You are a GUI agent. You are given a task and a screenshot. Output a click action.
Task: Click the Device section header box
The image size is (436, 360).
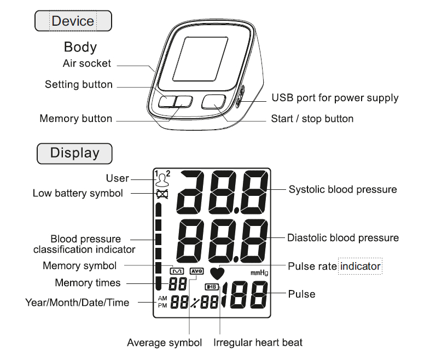click(73, 21)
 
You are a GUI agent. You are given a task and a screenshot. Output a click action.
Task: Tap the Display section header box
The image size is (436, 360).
click(74, 153)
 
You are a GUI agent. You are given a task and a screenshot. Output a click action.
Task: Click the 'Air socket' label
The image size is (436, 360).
click(86, 63)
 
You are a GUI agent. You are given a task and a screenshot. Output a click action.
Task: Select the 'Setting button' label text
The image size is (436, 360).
click(78, 85)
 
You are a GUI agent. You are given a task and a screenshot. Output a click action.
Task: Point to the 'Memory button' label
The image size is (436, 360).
click(75, 119)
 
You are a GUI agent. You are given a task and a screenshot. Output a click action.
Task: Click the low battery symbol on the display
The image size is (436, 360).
click(161, 194)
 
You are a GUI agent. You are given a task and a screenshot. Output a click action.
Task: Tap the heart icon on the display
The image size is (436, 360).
click(218, 273)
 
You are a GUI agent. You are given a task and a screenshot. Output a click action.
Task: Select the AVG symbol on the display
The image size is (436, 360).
click(196, 271)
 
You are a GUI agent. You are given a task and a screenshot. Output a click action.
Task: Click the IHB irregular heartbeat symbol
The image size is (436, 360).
click(211, 287)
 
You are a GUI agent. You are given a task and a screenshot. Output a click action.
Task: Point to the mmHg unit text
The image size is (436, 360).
click(259, 273)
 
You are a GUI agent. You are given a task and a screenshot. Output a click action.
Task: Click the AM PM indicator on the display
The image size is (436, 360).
click(162, 301)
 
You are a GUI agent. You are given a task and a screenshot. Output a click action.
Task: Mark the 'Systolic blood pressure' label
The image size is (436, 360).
click(342, 190)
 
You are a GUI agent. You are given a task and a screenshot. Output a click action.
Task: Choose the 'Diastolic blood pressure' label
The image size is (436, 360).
click(343, 238)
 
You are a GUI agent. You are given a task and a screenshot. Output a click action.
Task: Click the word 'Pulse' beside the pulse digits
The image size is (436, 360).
click(301, 294)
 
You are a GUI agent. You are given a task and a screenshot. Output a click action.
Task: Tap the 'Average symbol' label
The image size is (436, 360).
click(164, 343)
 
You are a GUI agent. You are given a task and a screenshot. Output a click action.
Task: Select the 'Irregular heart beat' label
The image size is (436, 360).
click(258, 343)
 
